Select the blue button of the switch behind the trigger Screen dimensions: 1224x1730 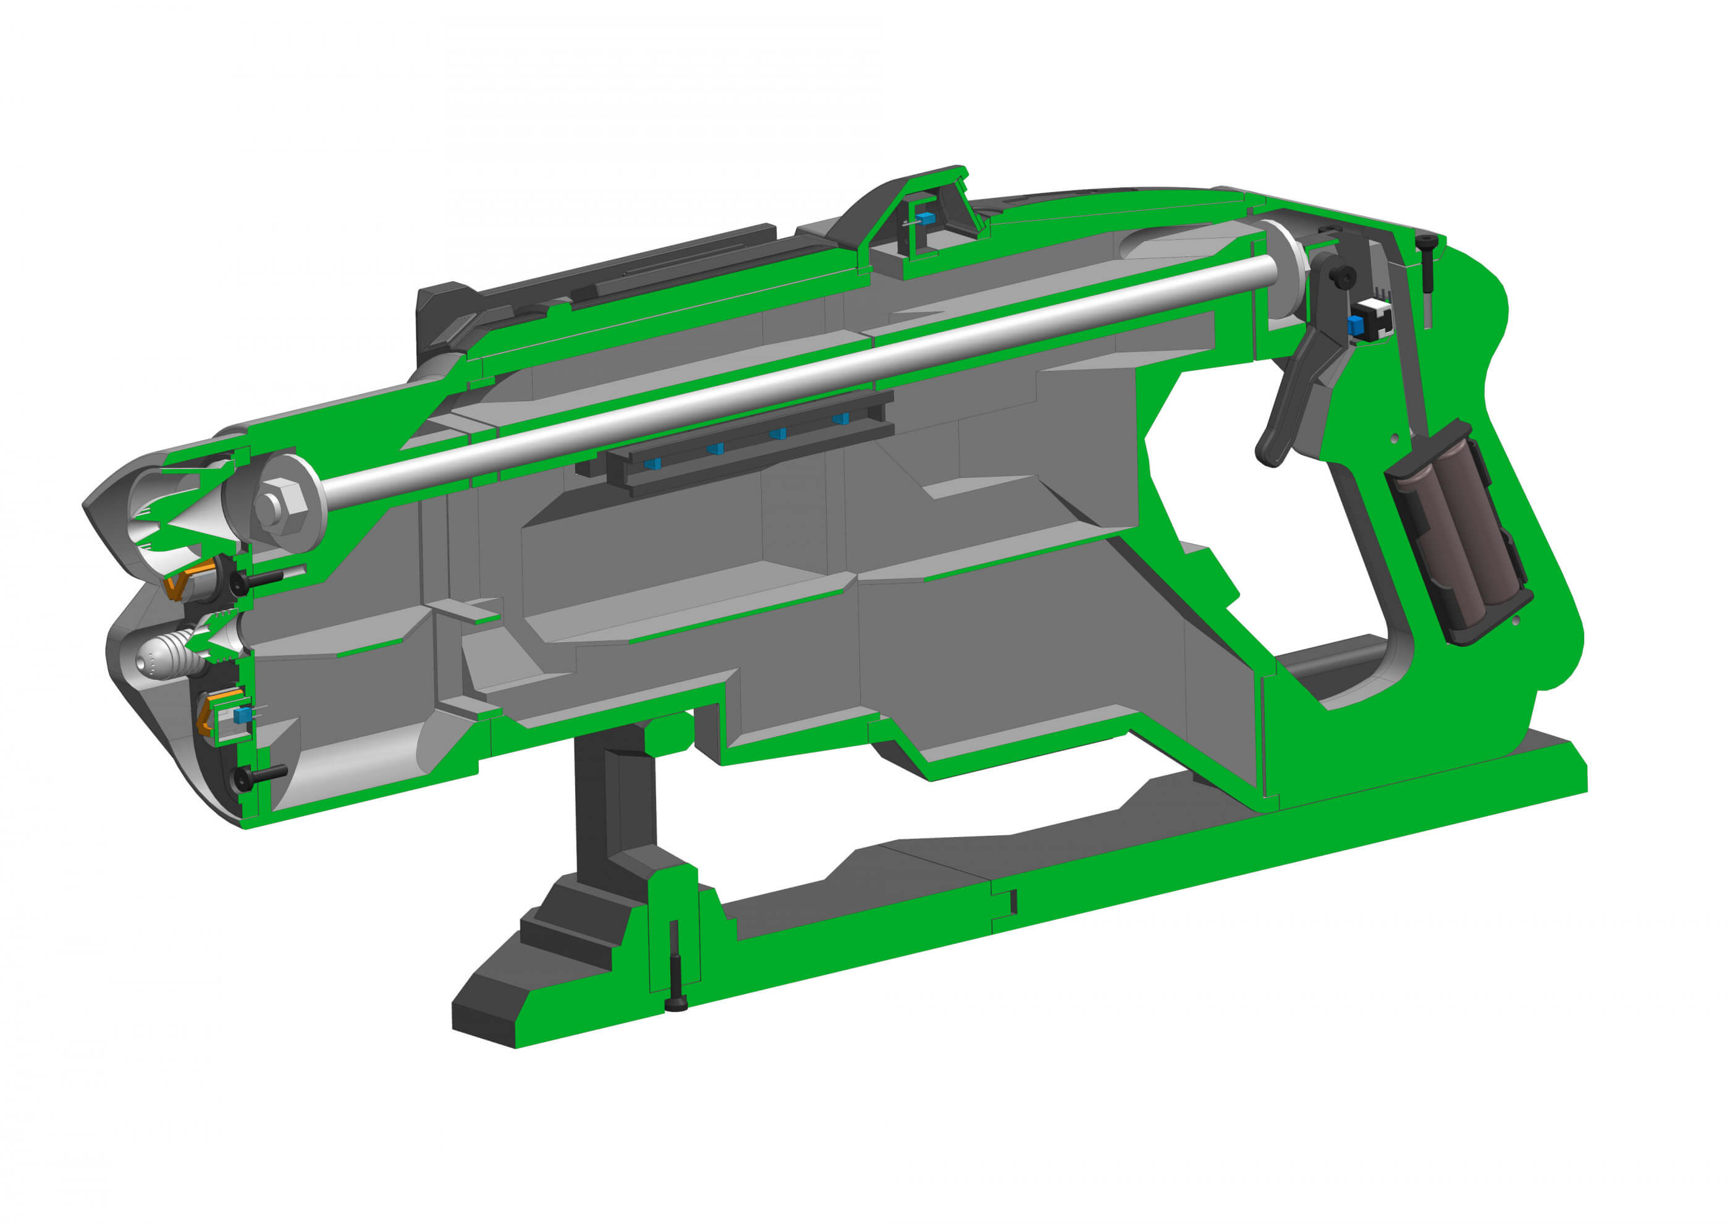tap(1356, 326)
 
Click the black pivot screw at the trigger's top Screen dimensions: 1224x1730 tap(1342, 278)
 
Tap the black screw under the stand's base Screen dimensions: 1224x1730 tap(676, 1003)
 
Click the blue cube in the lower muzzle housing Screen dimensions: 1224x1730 tap(241, 715)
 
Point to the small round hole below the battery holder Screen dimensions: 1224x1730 tap(1516, 619)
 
